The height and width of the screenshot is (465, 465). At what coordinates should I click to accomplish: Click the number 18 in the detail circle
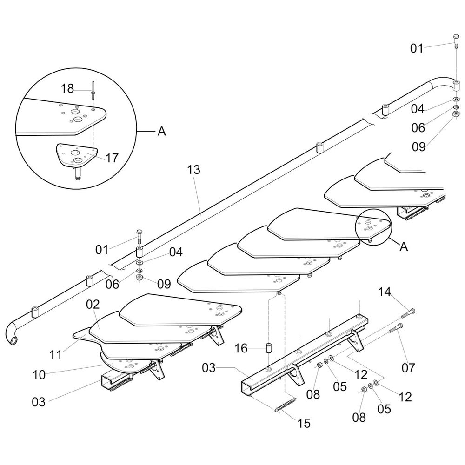pos(67,88)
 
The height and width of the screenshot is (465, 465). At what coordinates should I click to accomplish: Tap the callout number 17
pos(112,158)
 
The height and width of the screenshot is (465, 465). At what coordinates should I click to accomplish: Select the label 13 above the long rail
pos(194,170)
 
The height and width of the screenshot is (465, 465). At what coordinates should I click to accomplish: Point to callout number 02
pos(93,305)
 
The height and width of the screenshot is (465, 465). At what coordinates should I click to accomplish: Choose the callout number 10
pos(40,374)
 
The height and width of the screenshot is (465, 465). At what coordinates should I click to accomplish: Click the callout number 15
pos(304,423)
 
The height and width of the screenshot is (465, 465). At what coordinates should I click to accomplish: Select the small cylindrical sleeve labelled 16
pos(268,348)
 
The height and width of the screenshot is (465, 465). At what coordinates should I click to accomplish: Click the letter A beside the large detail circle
pos(161,132)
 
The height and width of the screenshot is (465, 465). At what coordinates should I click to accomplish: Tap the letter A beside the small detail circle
pos(404,247)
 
